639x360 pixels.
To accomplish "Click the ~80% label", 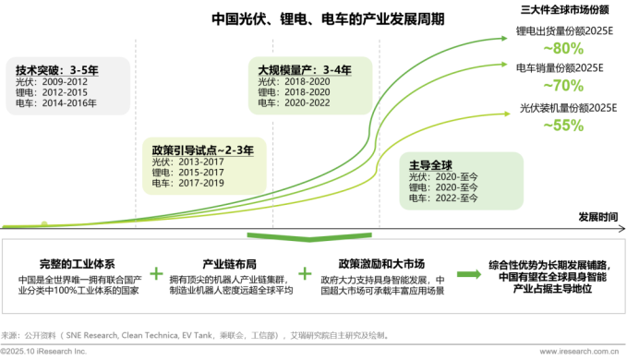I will [564, 48].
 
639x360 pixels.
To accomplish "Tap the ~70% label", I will [564, 86].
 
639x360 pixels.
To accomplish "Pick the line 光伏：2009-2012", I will [47, 81].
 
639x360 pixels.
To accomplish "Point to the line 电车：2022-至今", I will [444, 198].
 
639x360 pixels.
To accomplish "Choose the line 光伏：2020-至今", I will [444, 176].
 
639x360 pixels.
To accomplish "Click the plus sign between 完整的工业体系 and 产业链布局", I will [157, 274].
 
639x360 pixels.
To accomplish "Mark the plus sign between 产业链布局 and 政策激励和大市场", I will [304, 274].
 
